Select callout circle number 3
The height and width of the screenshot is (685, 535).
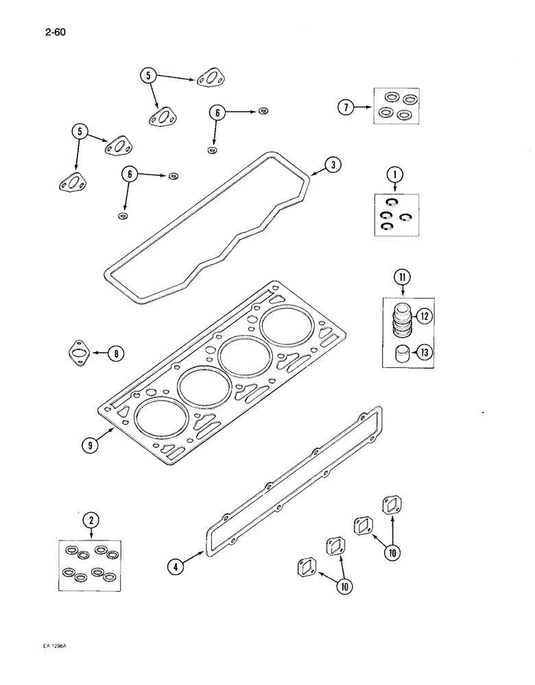click(x=332, y=164)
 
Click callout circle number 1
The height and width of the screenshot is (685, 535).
click(x=395, y=177)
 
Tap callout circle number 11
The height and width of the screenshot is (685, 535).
click(x=400, y=277)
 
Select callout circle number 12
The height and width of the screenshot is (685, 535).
click(x=423, y=316)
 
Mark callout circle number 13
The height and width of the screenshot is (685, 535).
click(x=423, y=353)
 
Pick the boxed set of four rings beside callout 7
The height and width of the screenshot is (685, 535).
click(x=396, y=105)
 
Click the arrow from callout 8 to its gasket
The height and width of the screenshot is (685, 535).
click(x=97, y=353)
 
